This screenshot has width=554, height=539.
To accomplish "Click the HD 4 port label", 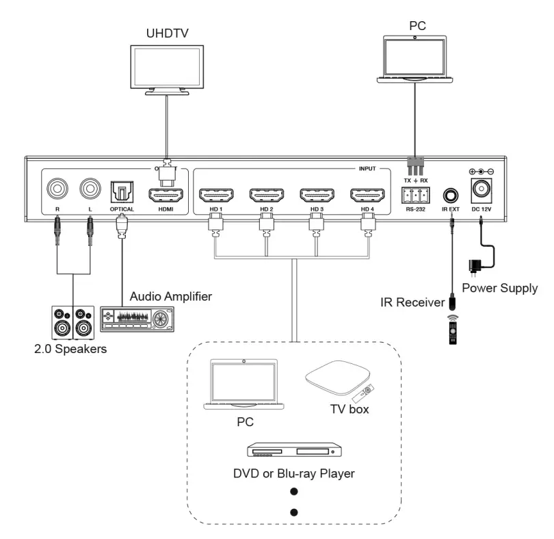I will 367,209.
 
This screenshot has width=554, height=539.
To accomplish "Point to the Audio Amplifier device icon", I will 137,319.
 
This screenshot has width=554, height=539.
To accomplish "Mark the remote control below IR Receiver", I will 453,330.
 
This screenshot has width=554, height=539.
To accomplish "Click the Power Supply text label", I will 499,288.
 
